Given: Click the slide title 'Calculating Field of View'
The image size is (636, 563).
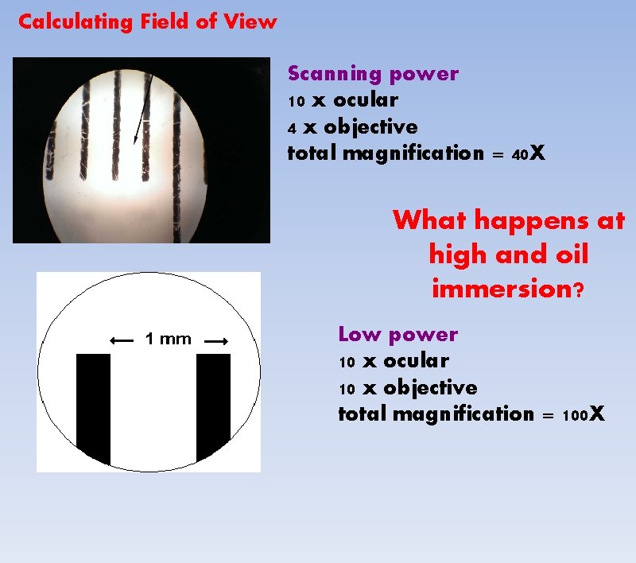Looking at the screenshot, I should click(147, 21).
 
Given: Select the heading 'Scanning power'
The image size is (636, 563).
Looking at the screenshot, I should click(373, 74).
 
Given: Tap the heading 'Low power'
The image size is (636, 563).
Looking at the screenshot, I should click(397, 335).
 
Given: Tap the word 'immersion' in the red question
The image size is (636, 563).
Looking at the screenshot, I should click(502, 289).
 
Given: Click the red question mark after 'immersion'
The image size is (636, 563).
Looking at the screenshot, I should click(580, 290).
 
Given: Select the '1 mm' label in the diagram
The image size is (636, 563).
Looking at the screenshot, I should click(169, 340).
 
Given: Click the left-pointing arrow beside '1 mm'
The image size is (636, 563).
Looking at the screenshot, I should click(122, 340).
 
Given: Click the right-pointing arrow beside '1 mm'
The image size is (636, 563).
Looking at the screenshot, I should click(216, 340).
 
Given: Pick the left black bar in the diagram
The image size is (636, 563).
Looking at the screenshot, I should click(93, 406).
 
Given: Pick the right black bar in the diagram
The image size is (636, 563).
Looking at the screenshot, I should click(213, 406).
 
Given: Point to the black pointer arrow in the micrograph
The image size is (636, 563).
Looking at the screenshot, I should click(140, 111).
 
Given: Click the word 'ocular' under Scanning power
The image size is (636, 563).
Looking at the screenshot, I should click(366, 101).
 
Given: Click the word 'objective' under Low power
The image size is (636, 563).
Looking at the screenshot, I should click(430, 389).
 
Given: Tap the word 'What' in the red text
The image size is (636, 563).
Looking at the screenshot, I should click(429, 220).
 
